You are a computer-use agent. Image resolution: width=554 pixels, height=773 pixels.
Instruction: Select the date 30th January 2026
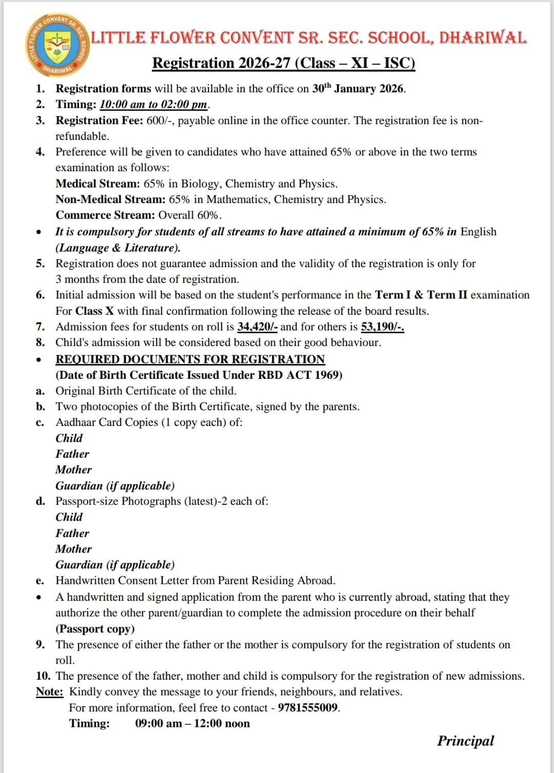click(358, 89)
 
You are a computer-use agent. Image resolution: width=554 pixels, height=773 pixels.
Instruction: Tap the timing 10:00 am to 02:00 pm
click(153, 105)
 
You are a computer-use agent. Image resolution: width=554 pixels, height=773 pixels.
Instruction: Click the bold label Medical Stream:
click(97, 184)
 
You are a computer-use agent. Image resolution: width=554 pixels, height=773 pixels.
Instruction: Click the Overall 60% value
click(189, 215)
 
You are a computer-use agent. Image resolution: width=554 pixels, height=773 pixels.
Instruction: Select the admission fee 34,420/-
click(257, 327)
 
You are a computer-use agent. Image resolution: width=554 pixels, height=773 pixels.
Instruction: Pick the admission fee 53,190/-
click(382, 327)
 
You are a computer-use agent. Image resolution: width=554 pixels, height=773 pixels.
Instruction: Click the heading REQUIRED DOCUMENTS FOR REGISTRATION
click(190, 359)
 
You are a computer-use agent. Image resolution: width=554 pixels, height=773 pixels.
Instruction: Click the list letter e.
click(39, 581)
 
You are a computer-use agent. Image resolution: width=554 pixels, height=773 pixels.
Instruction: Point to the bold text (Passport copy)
click(95, 629)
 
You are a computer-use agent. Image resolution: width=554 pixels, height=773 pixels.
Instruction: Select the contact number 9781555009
click(308, 708)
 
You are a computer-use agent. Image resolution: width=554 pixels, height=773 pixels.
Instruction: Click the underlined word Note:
click(49, 692)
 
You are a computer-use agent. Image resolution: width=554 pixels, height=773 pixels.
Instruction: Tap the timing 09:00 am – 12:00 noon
click(192, 724)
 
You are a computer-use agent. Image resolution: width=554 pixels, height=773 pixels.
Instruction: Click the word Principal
click(465, 741)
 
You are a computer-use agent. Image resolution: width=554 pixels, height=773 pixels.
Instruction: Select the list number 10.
click(43, 676)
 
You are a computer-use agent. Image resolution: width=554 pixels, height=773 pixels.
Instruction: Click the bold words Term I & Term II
click(421, 295)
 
